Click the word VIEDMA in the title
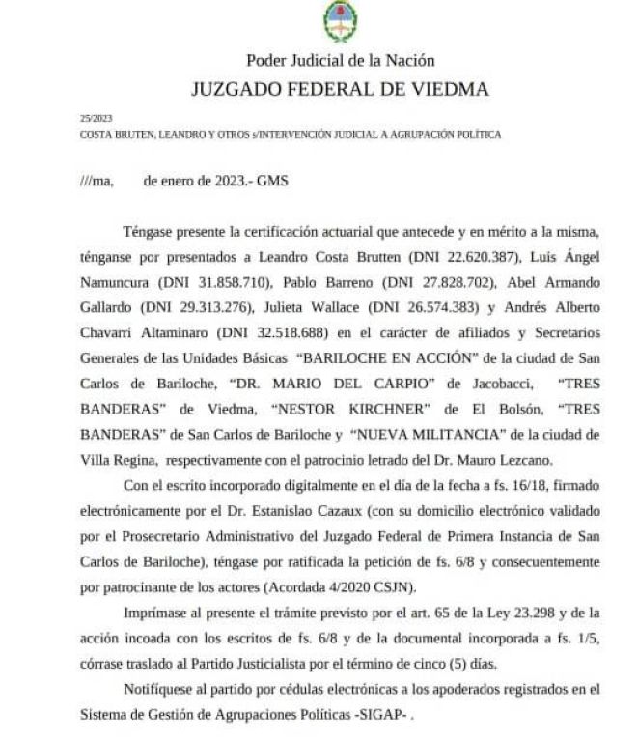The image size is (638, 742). coord(447,90)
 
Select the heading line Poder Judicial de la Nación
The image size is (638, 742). coord(340,60)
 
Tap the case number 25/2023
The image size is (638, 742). coord(95,119)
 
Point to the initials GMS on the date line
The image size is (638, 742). coord(272,180)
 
